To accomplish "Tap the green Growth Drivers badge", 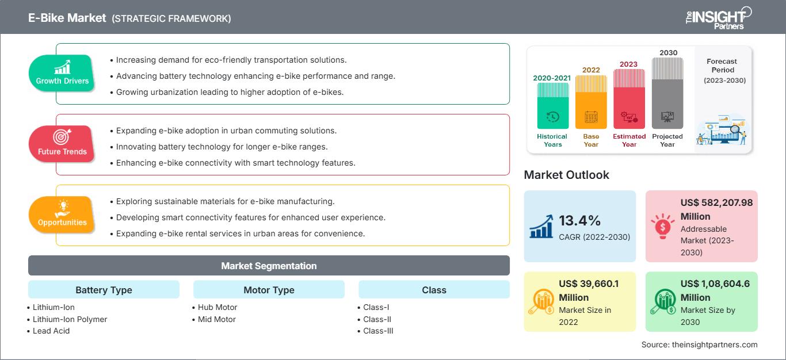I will coord(62,74).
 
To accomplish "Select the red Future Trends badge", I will coord(62,144).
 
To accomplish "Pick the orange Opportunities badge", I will coord(62,215).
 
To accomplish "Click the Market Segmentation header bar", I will coord(269,266).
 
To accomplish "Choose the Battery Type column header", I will coord(104,290).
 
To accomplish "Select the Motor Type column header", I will coord(269,290).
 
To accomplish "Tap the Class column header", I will coord(434,290).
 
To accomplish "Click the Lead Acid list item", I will coord(51,331).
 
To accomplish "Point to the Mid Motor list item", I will coord(216,319).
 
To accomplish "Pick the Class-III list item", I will coord(378,331).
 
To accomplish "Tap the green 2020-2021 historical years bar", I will coord(552,106).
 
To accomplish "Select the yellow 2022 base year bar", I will coord(591,102).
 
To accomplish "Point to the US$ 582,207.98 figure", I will coord(716,202).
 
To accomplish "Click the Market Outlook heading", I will coord(566,175).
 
